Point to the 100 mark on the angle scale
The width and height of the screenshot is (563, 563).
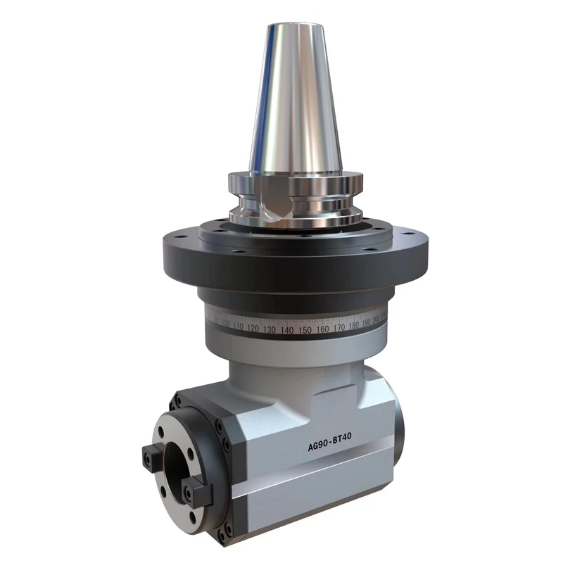click(x=225, y=324)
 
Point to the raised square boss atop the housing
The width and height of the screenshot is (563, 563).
click(x=281, y=366)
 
